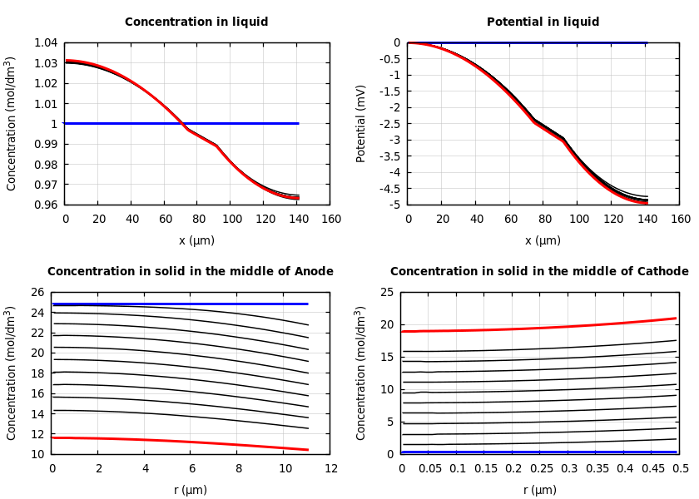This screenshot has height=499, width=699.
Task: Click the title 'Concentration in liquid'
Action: (196, 22)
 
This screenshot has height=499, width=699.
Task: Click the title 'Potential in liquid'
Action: (543, 22)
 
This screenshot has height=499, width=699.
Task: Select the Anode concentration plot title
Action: (191, 272)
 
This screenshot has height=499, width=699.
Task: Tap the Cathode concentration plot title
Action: (539, 272)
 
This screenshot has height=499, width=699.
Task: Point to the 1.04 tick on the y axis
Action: (45, 42)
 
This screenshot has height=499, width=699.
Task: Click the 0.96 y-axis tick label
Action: (45, 205)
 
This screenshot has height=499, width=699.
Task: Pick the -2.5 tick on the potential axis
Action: (389, 124)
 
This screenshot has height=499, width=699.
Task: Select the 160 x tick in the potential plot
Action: (680, 220)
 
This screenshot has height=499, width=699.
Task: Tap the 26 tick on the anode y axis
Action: (37, 292)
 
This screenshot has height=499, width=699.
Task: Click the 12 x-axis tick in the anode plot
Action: (331, 469)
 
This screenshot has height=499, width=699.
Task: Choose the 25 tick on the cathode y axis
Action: (386, 292)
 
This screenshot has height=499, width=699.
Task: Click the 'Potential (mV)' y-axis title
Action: (361, 123)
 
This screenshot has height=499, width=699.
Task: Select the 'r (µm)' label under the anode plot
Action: (191, 490)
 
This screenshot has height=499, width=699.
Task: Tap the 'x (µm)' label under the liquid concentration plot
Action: (196, 240)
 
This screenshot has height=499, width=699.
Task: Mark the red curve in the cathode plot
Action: (541, 328)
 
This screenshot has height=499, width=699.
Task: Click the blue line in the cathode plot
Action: (541, 452)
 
